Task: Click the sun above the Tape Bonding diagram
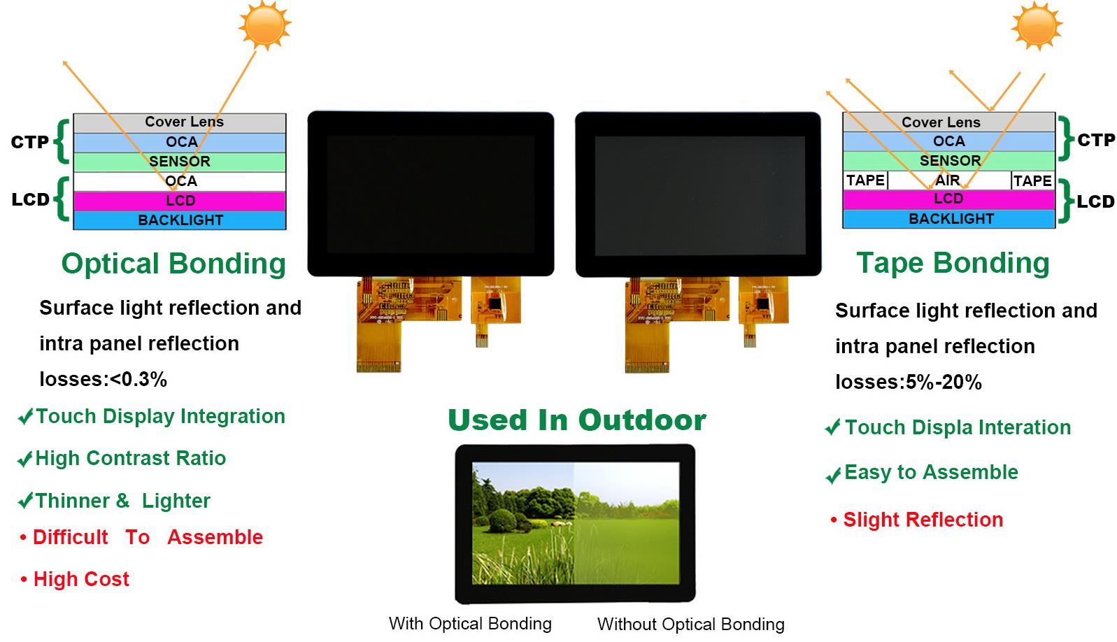tap(1037, 25)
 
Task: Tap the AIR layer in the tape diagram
tap(949, 180)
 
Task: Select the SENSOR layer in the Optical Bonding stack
tap(180, 162)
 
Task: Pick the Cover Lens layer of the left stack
tap(180, 122)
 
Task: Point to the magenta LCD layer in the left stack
tap(180, 201)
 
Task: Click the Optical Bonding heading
tap(173, 263)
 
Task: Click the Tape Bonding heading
tap(953, 263)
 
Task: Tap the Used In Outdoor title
tap(577, 420)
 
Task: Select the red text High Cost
tap(81, 579)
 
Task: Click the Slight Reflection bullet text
tap(923, 520)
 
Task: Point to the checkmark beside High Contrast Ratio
tap(25, 459)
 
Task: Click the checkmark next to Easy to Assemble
tap(834, 475)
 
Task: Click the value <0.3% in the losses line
tap(138, 380)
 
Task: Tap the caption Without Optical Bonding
tap(690, 624)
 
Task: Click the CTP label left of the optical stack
tap(29, 142)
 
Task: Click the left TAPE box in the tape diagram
tap(866, 180)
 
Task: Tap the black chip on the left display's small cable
tap(495, 303)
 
